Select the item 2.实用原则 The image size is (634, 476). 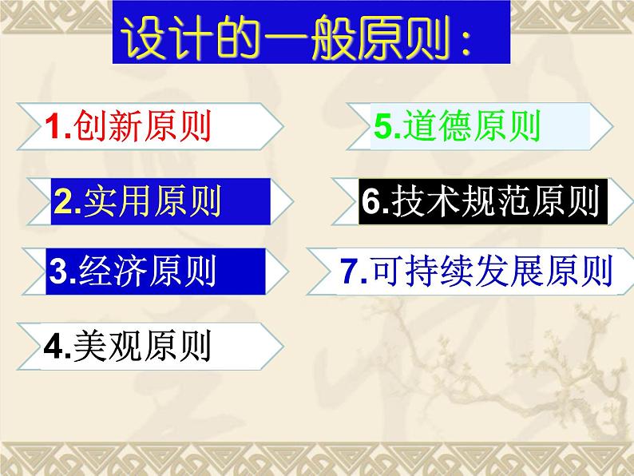click(137, 202)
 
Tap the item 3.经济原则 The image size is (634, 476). click(133, 272)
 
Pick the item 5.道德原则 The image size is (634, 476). click(458, 126)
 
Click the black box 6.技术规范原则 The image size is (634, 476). click(480, 202)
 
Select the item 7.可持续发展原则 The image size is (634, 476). click(476, 272)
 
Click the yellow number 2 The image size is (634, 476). click(62, 203)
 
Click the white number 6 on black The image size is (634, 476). click(371, 203)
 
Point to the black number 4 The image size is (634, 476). click(53, 347)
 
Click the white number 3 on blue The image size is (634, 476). click(58, 272)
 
